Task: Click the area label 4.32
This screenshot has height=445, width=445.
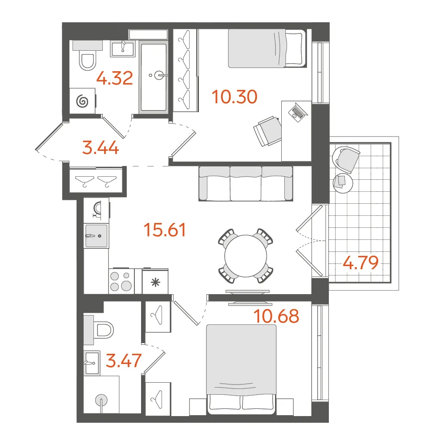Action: [115, 78]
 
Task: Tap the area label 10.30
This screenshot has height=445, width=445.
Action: [235, 97]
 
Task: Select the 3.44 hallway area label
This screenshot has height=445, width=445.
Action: [101, 148]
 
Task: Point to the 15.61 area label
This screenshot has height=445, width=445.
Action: [165, 230]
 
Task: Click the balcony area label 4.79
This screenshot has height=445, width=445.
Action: [361, 263]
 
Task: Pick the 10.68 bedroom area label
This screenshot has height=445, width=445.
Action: [276, 316]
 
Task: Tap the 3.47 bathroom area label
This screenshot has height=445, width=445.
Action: [123, 360]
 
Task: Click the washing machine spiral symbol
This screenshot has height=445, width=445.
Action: [82, 101]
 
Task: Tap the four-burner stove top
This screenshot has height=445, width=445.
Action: [121, 281]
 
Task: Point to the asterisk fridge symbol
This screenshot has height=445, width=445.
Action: [155, 283]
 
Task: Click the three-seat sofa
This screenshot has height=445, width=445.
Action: [246, 184]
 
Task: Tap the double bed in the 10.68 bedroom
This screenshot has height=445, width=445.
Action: [241, 369]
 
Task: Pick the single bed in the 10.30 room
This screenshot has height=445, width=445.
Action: [267, 48]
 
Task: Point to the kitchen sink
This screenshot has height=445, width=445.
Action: [97, 236]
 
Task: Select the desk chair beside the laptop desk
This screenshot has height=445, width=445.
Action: [267, 131]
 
